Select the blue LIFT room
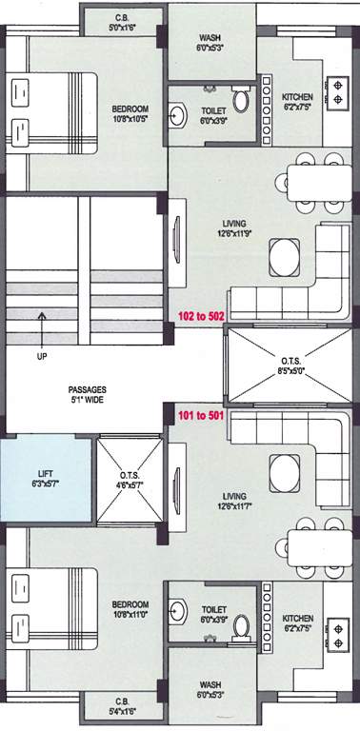[x=47, y=478]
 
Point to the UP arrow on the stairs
[x=40, y=328]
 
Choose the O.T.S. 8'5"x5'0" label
[x=291, y=365]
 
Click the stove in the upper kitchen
[x=335, y=89]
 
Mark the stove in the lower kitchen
[x=335, y=634]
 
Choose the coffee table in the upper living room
[x=284, y=255]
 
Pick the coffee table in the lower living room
[x=284, y=470]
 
